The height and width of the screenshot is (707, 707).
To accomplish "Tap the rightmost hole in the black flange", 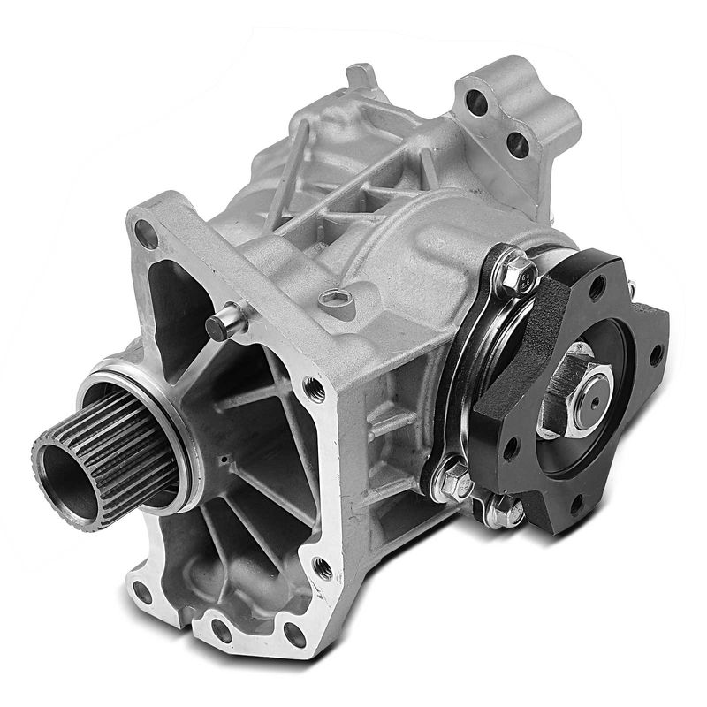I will coord(655,354).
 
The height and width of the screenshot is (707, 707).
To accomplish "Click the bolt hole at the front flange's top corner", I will coord(144,233).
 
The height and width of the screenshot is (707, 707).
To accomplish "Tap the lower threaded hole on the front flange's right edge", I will coord(323,567).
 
